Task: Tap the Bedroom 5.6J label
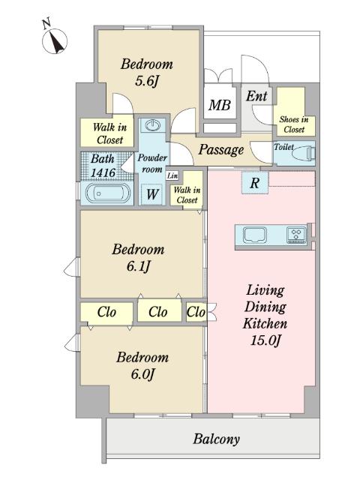click(147, 73)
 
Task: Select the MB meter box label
click(220, 105)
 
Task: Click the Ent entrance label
click(256, 96)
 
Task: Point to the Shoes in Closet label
click(294, 124)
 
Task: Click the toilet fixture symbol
click(303, 152)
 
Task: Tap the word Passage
click(221, 150)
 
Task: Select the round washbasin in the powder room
click(153, 125)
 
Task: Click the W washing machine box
click(152, 194)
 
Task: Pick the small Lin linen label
click(172, 175)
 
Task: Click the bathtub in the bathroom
click(107, 193)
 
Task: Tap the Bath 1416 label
click(103, 166)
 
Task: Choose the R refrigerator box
click(255, 183)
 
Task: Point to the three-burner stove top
click(296, 235)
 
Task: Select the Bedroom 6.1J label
click(138, 258)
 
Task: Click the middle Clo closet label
click(157, 312)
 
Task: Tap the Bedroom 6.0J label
click(142, 365)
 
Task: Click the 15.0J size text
click(265, 340)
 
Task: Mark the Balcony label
click(216, 439)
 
